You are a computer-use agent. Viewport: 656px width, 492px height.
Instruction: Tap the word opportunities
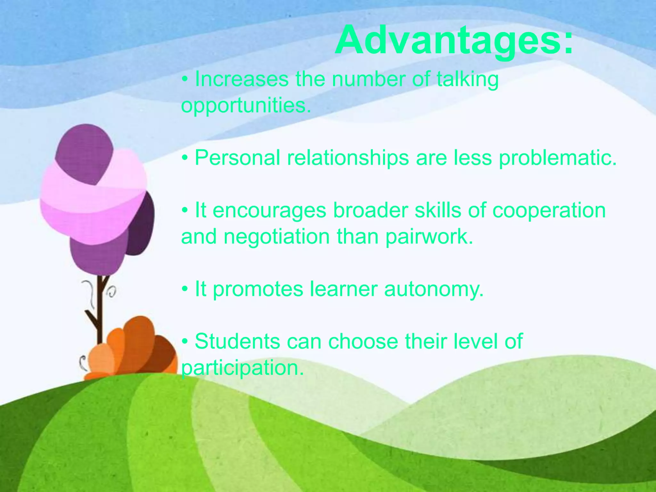click(x=246, y=106)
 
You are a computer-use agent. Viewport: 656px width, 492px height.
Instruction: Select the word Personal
click(x=237, y=158)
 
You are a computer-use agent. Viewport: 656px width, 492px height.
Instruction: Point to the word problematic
click(x=558, y=158)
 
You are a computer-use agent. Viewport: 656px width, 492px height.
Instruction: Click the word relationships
click(x=348, y=158)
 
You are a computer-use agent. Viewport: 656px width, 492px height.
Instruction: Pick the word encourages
click(x=269, y=210)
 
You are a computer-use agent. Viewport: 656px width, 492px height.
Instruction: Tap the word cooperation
click(x=549, y=210)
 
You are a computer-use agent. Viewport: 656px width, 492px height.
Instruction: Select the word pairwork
click(x=429, y=237)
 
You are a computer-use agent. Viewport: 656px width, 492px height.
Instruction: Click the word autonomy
click(x=434, y=289)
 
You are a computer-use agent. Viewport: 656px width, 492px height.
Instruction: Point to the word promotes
click(x=258, y=289)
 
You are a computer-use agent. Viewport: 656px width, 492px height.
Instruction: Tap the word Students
click(x=237, y=341)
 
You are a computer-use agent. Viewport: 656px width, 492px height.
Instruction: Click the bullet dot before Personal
click(x=185, y=158)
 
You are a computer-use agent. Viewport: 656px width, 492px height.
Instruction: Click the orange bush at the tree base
click(x=135, y=349)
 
